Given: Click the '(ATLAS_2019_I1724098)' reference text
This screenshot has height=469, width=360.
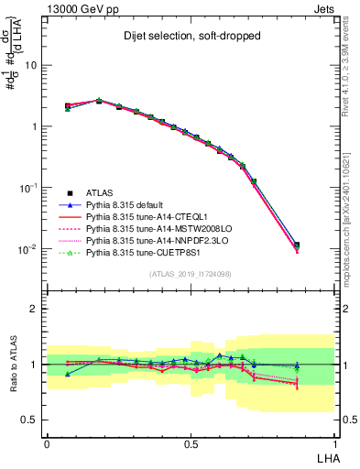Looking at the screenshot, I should pyautogui.click(x=191, y=274).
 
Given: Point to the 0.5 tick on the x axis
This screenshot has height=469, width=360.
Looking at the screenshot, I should pyautogui.click(x=191, y=442).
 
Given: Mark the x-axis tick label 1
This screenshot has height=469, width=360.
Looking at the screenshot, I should pyautogui.click(x=334, y=442).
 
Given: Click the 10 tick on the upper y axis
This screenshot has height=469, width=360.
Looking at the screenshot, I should pyautogui.click(x=35, y=65).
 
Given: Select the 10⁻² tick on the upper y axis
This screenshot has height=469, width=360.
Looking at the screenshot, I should pyautogui.click(x=31, y=249).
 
